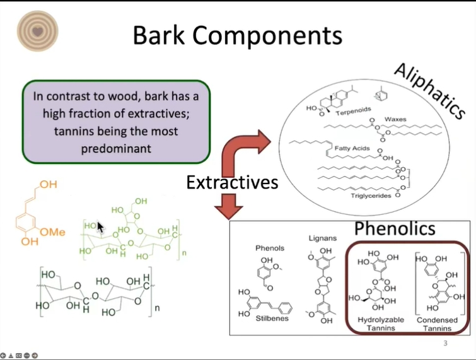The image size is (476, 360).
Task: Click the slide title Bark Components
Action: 238,35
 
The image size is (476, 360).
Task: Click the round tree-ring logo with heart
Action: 37,31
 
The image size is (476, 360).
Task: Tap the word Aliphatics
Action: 430,91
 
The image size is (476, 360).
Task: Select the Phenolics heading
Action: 395,228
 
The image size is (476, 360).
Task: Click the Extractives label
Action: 232,182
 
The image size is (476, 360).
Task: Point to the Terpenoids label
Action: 353,111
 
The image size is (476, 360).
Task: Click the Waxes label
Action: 395,119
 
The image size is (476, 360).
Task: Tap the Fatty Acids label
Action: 352,148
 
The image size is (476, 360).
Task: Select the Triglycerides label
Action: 371,196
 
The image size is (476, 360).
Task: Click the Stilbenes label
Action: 272,318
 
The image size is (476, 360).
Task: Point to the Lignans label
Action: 323,238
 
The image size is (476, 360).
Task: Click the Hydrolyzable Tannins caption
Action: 381,324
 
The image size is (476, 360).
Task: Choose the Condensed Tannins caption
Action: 437,324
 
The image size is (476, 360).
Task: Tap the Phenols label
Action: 270,248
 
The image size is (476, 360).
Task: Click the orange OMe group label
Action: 52,232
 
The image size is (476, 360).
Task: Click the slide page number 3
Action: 445,344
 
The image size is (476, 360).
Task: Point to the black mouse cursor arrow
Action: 100,227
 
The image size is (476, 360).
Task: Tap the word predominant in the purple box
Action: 116,149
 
